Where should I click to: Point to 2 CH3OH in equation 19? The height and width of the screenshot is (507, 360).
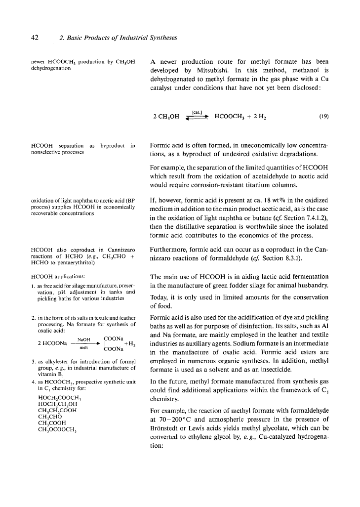[x=166, y=117]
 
